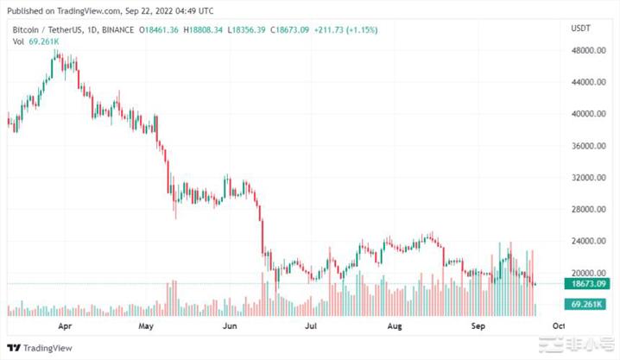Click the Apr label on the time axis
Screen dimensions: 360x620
click(64, 327)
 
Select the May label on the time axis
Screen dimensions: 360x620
click(146, 327)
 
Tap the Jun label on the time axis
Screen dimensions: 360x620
click(229, 327)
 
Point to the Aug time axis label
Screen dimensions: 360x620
click(394, 327)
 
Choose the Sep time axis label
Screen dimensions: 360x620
click(477, 327)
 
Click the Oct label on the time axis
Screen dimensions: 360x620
click(558, 327)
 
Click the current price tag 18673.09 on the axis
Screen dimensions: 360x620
click(587, 283)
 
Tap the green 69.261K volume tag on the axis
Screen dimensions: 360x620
click(585, 304)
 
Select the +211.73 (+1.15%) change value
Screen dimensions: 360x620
click(345, 30)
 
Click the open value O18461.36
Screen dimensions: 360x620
click(161, 30)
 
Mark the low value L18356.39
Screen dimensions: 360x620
click(245, 30)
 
